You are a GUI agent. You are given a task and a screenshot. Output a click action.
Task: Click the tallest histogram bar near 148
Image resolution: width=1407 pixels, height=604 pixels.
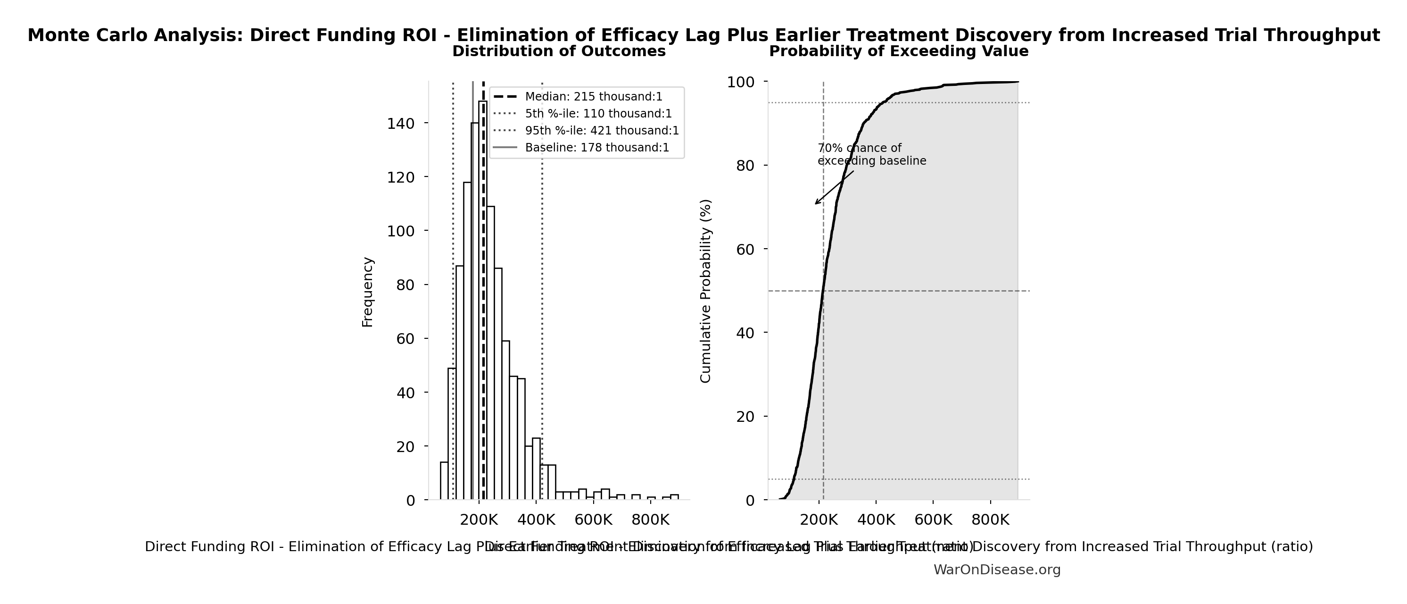click(483, 301)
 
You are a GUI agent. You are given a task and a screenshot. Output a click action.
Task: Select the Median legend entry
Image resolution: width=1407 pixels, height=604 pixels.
click(593, 97)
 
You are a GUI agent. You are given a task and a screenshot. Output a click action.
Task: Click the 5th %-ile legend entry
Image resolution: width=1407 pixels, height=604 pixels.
click(598, 114)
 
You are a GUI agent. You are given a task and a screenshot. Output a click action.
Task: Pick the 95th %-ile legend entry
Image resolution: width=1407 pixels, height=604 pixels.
click(601, 131)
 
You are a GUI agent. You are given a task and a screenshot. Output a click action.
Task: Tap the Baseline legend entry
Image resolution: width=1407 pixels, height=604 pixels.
click(596, 148)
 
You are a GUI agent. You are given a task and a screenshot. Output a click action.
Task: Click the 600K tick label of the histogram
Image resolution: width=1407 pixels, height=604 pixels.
click(593, 520)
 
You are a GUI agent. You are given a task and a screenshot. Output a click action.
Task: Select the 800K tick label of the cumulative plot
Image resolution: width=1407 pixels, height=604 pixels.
click(990, 520)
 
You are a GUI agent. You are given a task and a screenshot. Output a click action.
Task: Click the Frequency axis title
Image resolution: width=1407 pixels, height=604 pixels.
click(368, 292)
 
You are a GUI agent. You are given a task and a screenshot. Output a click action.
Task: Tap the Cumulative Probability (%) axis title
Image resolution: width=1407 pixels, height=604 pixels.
click(706, 291)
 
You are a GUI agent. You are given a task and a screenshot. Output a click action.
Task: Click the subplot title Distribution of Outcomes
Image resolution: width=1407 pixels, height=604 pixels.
click(559, 51)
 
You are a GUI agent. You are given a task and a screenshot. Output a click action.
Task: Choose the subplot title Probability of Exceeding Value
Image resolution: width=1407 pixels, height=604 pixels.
click(899, 51)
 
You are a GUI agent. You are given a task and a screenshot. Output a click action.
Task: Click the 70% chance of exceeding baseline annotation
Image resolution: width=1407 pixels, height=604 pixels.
click(871, 155)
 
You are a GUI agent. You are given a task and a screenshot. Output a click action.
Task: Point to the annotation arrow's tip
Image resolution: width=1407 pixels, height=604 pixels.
click(815, 204)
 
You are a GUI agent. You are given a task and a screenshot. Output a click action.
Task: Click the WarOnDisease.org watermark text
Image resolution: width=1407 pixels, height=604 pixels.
click(997, 570)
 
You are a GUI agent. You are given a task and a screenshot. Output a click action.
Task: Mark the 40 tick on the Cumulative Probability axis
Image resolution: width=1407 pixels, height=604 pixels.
click(745, 333)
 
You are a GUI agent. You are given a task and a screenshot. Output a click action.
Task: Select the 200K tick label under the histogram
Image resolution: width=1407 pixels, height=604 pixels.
click(479, 520)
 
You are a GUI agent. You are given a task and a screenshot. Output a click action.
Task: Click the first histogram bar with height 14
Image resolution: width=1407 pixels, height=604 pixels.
click(444, 481)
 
